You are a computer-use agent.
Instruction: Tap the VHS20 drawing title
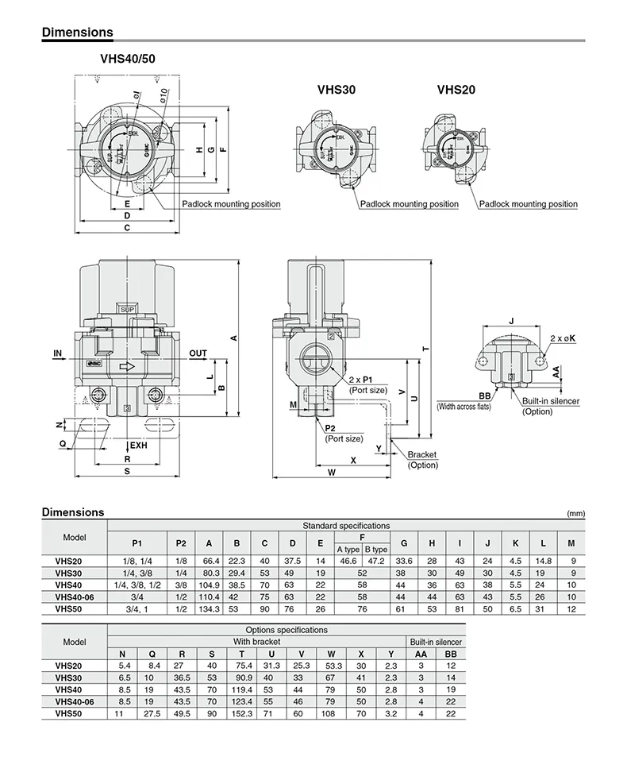click(x=456, y=91)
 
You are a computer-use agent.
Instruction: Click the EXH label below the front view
click(x=139, y=446)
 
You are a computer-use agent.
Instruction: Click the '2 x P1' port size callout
click(x=367, y=380)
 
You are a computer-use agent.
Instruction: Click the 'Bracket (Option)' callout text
click(x=422, y=460)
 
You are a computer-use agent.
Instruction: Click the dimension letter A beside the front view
click(x=233, y=338)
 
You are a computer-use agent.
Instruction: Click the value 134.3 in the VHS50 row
click(x=209, y=609)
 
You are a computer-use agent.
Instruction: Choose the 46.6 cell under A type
click(x=348, y=562)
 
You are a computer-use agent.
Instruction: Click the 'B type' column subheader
click(x=375, y=550)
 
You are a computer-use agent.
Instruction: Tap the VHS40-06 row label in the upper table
click(x=75, y=597)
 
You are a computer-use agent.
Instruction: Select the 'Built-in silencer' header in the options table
click(x=435, y=642)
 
